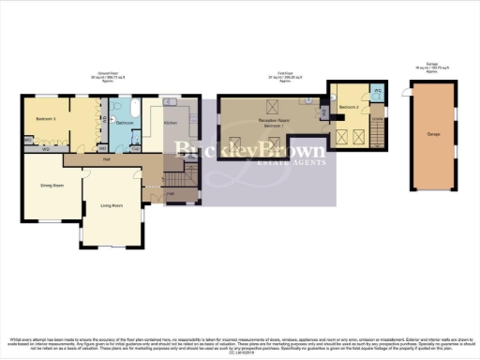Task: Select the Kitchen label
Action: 171,123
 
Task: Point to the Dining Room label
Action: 51,186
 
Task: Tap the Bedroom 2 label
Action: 350,108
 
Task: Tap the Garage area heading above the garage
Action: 431,68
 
